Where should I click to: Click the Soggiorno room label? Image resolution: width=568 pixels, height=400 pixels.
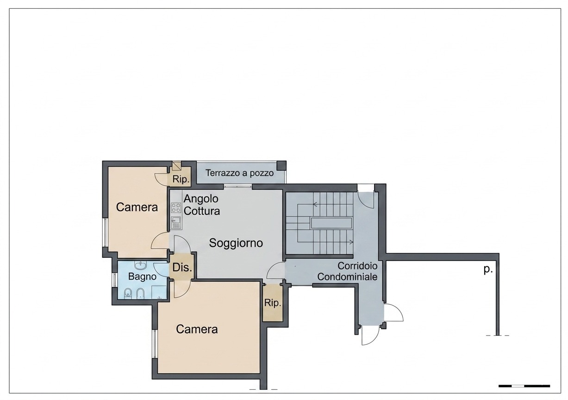(x=236, y=243)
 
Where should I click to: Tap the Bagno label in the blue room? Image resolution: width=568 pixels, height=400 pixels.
(x=142, y=276)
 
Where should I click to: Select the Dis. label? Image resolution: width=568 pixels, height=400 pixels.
(x=182, y=267)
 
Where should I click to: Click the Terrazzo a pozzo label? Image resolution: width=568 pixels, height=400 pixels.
(x=240, y=173)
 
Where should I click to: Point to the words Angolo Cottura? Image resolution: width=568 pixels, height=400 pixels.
(x=201, y=205)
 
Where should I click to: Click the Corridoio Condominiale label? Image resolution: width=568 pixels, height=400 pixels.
(x=347, y=271)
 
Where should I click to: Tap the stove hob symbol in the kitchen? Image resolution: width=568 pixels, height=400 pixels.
(x=176, y=208)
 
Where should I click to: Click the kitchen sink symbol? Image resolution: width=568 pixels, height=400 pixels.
(x=176, y=223)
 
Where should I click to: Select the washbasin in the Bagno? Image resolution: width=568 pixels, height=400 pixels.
(x=141, y=266)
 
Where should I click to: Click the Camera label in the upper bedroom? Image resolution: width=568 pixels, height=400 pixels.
(x=137, y=207)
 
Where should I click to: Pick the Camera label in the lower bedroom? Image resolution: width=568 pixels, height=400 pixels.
(x=197, y=330)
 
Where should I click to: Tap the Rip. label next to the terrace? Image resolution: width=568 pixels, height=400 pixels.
(x=181, y=179)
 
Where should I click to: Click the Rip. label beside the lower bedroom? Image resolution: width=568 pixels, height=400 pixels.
(x=273, y=303)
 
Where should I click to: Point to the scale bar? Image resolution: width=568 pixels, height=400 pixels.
(x=524, y=386)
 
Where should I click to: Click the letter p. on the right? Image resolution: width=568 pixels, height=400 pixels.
(x=488, y=270)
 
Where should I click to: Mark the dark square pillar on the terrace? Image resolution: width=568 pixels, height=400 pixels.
(x=281, y=166)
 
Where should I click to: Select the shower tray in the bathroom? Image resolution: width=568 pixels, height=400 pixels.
(x=159, y=293)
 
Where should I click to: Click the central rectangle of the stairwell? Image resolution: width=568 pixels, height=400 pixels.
(x=331, y=223)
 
